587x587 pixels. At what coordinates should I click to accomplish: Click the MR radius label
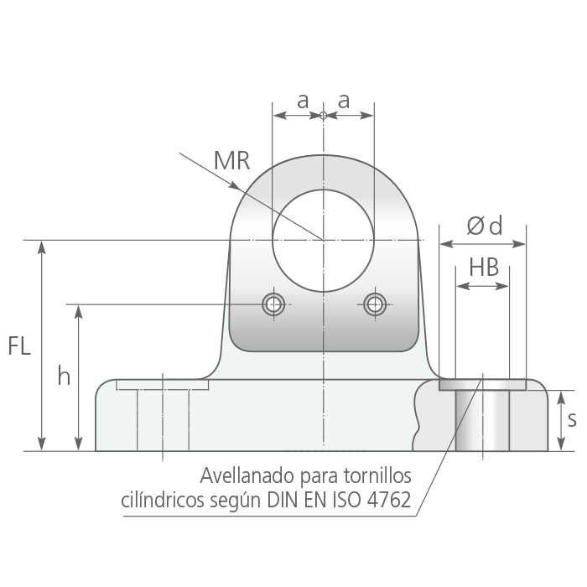pos(231,161)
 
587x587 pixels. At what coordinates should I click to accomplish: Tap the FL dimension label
pos(19,345)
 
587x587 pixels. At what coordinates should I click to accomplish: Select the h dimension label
pos(64,376)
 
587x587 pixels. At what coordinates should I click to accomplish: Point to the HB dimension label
pos(484,268)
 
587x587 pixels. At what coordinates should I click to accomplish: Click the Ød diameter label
pos(485,226)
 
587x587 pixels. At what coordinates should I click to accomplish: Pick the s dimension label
pos(572,419)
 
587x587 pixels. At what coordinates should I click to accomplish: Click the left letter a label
pos(303,101)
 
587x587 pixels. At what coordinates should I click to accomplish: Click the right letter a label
pos(344,101)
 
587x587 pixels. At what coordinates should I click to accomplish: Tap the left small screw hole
pos(273,304)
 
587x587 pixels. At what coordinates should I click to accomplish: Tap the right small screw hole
pos(375,304)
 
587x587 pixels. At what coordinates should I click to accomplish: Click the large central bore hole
pos(323,241)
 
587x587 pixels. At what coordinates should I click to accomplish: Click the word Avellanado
pos(247,475)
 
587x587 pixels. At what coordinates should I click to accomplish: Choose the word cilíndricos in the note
pos(163,500)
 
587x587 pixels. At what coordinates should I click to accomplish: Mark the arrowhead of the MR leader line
pos(235,185)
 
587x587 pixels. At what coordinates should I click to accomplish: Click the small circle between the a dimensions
pos(324,116)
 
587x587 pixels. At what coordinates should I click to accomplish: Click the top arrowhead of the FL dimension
pos(42,248)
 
